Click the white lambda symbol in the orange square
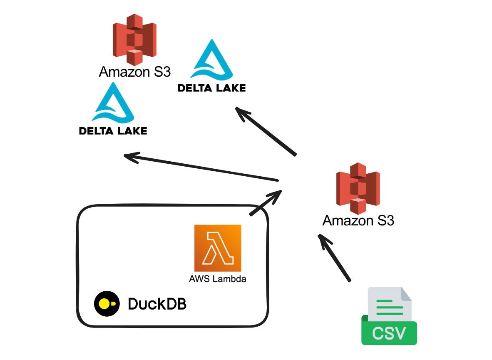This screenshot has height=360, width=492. pyautogui.click(x=218, y=248)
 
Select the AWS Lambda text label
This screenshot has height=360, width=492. pyautogui.click(x=217, y=279)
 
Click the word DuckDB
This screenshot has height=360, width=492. pyautogui.click(x=157, y=304)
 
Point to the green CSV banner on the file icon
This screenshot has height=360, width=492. pyautogui.click(x=389, y=333)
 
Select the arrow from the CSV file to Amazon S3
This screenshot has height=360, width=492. pyautogui.click(x=335, y=258)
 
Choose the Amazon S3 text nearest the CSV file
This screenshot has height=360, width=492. pyautogui.click(x=358, y=220)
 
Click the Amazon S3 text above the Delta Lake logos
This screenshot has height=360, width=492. pyautogui.click(x=134, y=72)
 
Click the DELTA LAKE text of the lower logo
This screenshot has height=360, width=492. pyautogui.click(x=113, y=131)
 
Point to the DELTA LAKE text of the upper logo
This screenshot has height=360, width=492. pyautogui.click(x=211, y=88)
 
